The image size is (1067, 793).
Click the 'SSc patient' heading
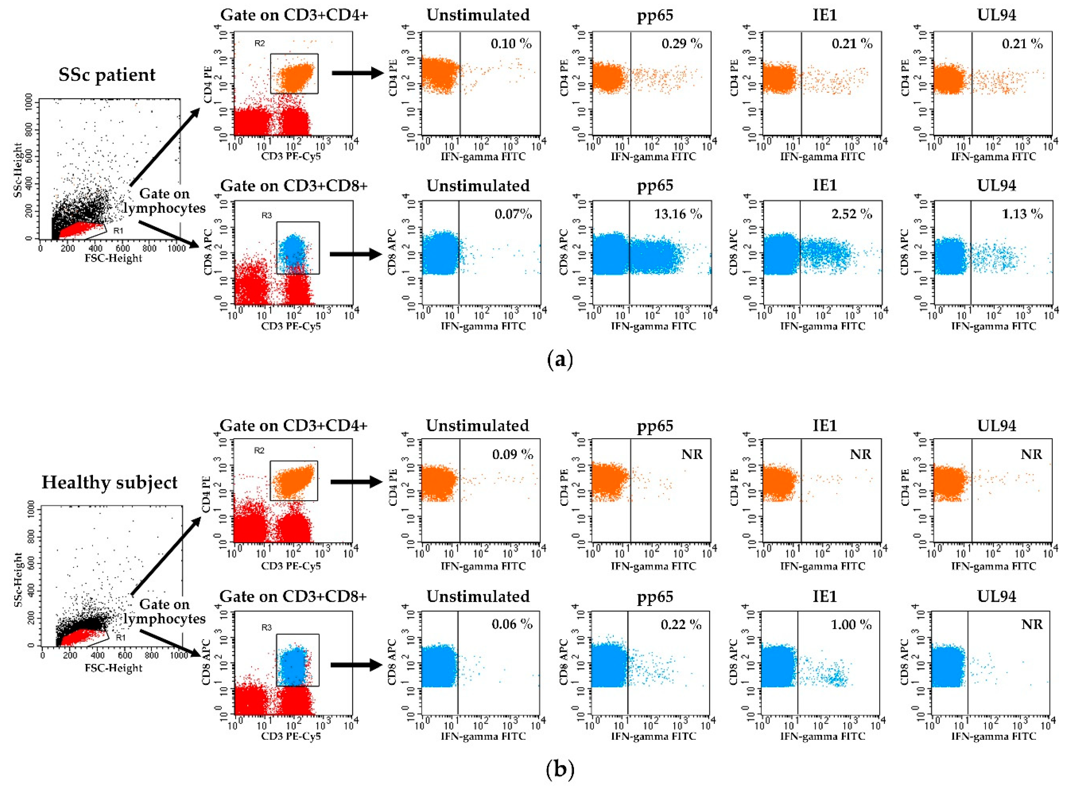107,75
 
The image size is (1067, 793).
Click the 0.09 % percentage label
512,454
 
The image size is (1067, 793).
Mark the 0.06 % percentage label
512,624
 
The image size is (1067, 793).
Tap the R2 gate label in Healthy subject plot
259,450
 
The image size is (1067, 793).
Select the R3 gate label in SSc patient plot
267,216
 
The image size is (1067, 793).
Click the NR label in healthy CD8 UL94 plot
1031,624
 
